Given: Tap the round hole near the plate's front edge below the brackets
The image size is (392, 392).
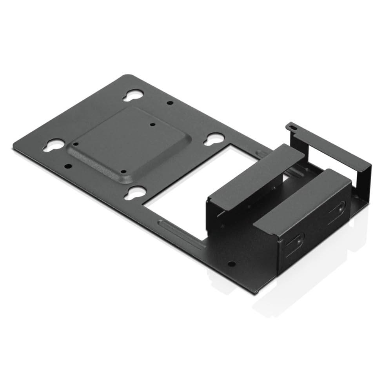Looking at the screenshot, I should tap(231, 264).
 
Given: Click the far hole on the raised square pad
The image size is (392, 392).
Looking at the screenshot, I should tap(153, 125).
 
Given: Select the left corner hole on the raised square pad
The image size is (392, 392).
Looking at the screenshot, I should tap(76, 144).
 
